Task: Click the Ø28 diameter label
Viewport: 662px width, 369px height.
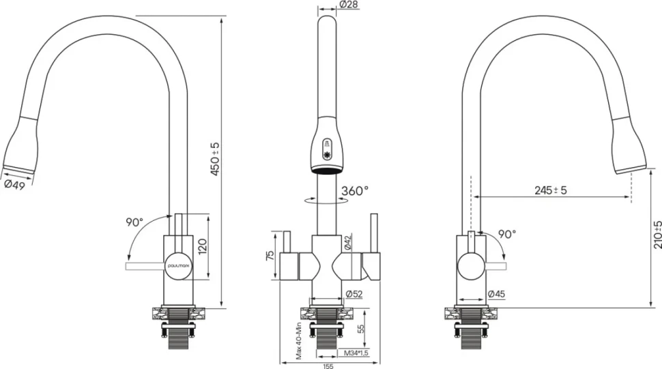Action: point(348,5)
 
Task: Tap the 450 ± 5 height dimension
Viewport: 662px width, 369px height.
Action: point(215,159)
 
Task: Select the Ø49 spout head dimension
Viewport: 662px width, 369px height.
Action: point(15,185)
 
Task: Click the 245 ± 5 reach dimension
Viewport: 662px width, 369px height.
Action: point(551,190)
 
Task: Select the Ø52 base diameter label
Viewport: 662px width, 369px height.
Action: point(354,294)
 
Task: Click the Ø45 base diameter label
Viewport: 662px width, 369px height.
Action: point(496,294)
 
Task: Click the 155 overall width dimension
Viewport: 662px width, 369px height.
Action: point(328,366)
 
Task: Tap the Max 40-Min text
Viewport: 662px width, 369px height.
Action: point(299,340)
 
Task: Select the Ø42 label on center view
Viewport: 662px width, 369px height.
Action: point(347,243)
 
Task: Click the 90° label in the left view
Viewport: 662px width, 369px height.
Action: point(134,222)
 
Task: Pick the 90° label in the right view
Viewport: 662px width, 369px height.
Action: point(507,234)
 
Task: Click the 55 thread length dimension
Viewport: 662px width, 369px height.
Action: point(361,329)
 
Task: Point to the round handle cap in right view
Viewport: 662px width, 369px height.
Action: point(472,266)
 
